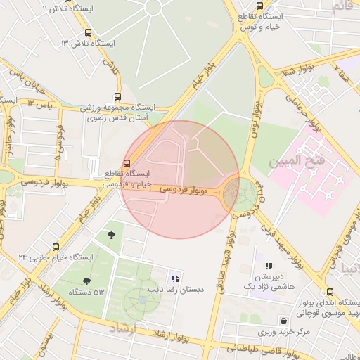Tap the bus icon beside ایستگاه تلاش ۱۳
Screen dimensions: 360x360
coord(88,32)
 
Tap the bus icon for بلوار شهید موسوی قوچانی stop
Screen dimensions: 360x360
coord(330,292)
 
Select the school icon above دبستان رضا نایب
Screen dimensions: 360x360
coord(174,278)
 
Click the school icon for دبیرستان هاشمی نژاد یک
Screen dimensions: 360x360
coord(268,266)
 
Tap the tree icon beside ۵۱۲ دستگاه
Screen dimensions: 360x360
coord(86,281)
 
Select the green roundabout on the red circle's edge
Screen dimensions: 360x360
coord(240,191)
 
